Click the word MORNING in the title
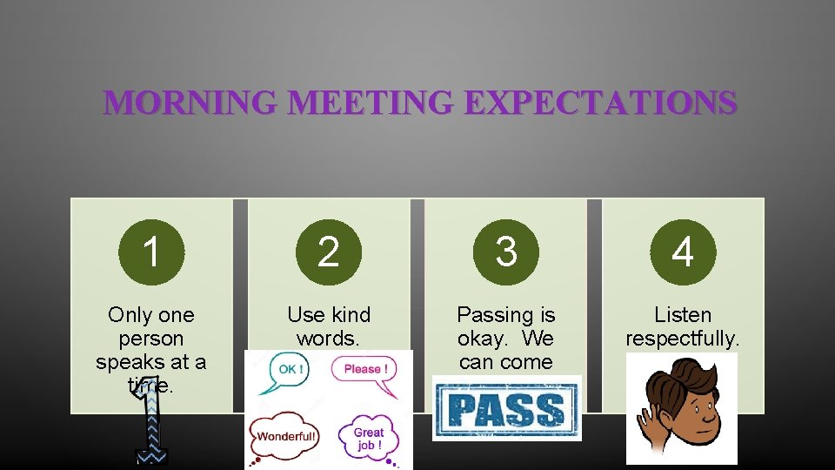pyautogui.click(x=190, y=104)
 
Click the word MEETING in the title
pyautogui.click(x=371, y=104)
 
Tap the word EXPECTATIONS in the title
pyautogui.click(x=600, y=104)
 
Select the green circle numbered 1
pyautogui.click(x=151, y=252)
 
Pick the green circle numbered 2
pyautogui.click(x=329, y=252)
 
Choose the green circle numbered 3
pyautogui.click(x=506, y=252)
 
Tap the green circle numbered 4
pyautogui.click(x=684, y=252)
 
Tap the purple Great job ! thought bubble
pyautogui.click(x=368, y=438)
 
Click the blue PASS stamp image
pyautogui.click(x=506, y=409)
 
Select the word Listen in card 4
pyautogui.click(x=684, y=315)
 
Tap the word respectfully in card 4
pyautogui.click(x=682, y=339)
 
